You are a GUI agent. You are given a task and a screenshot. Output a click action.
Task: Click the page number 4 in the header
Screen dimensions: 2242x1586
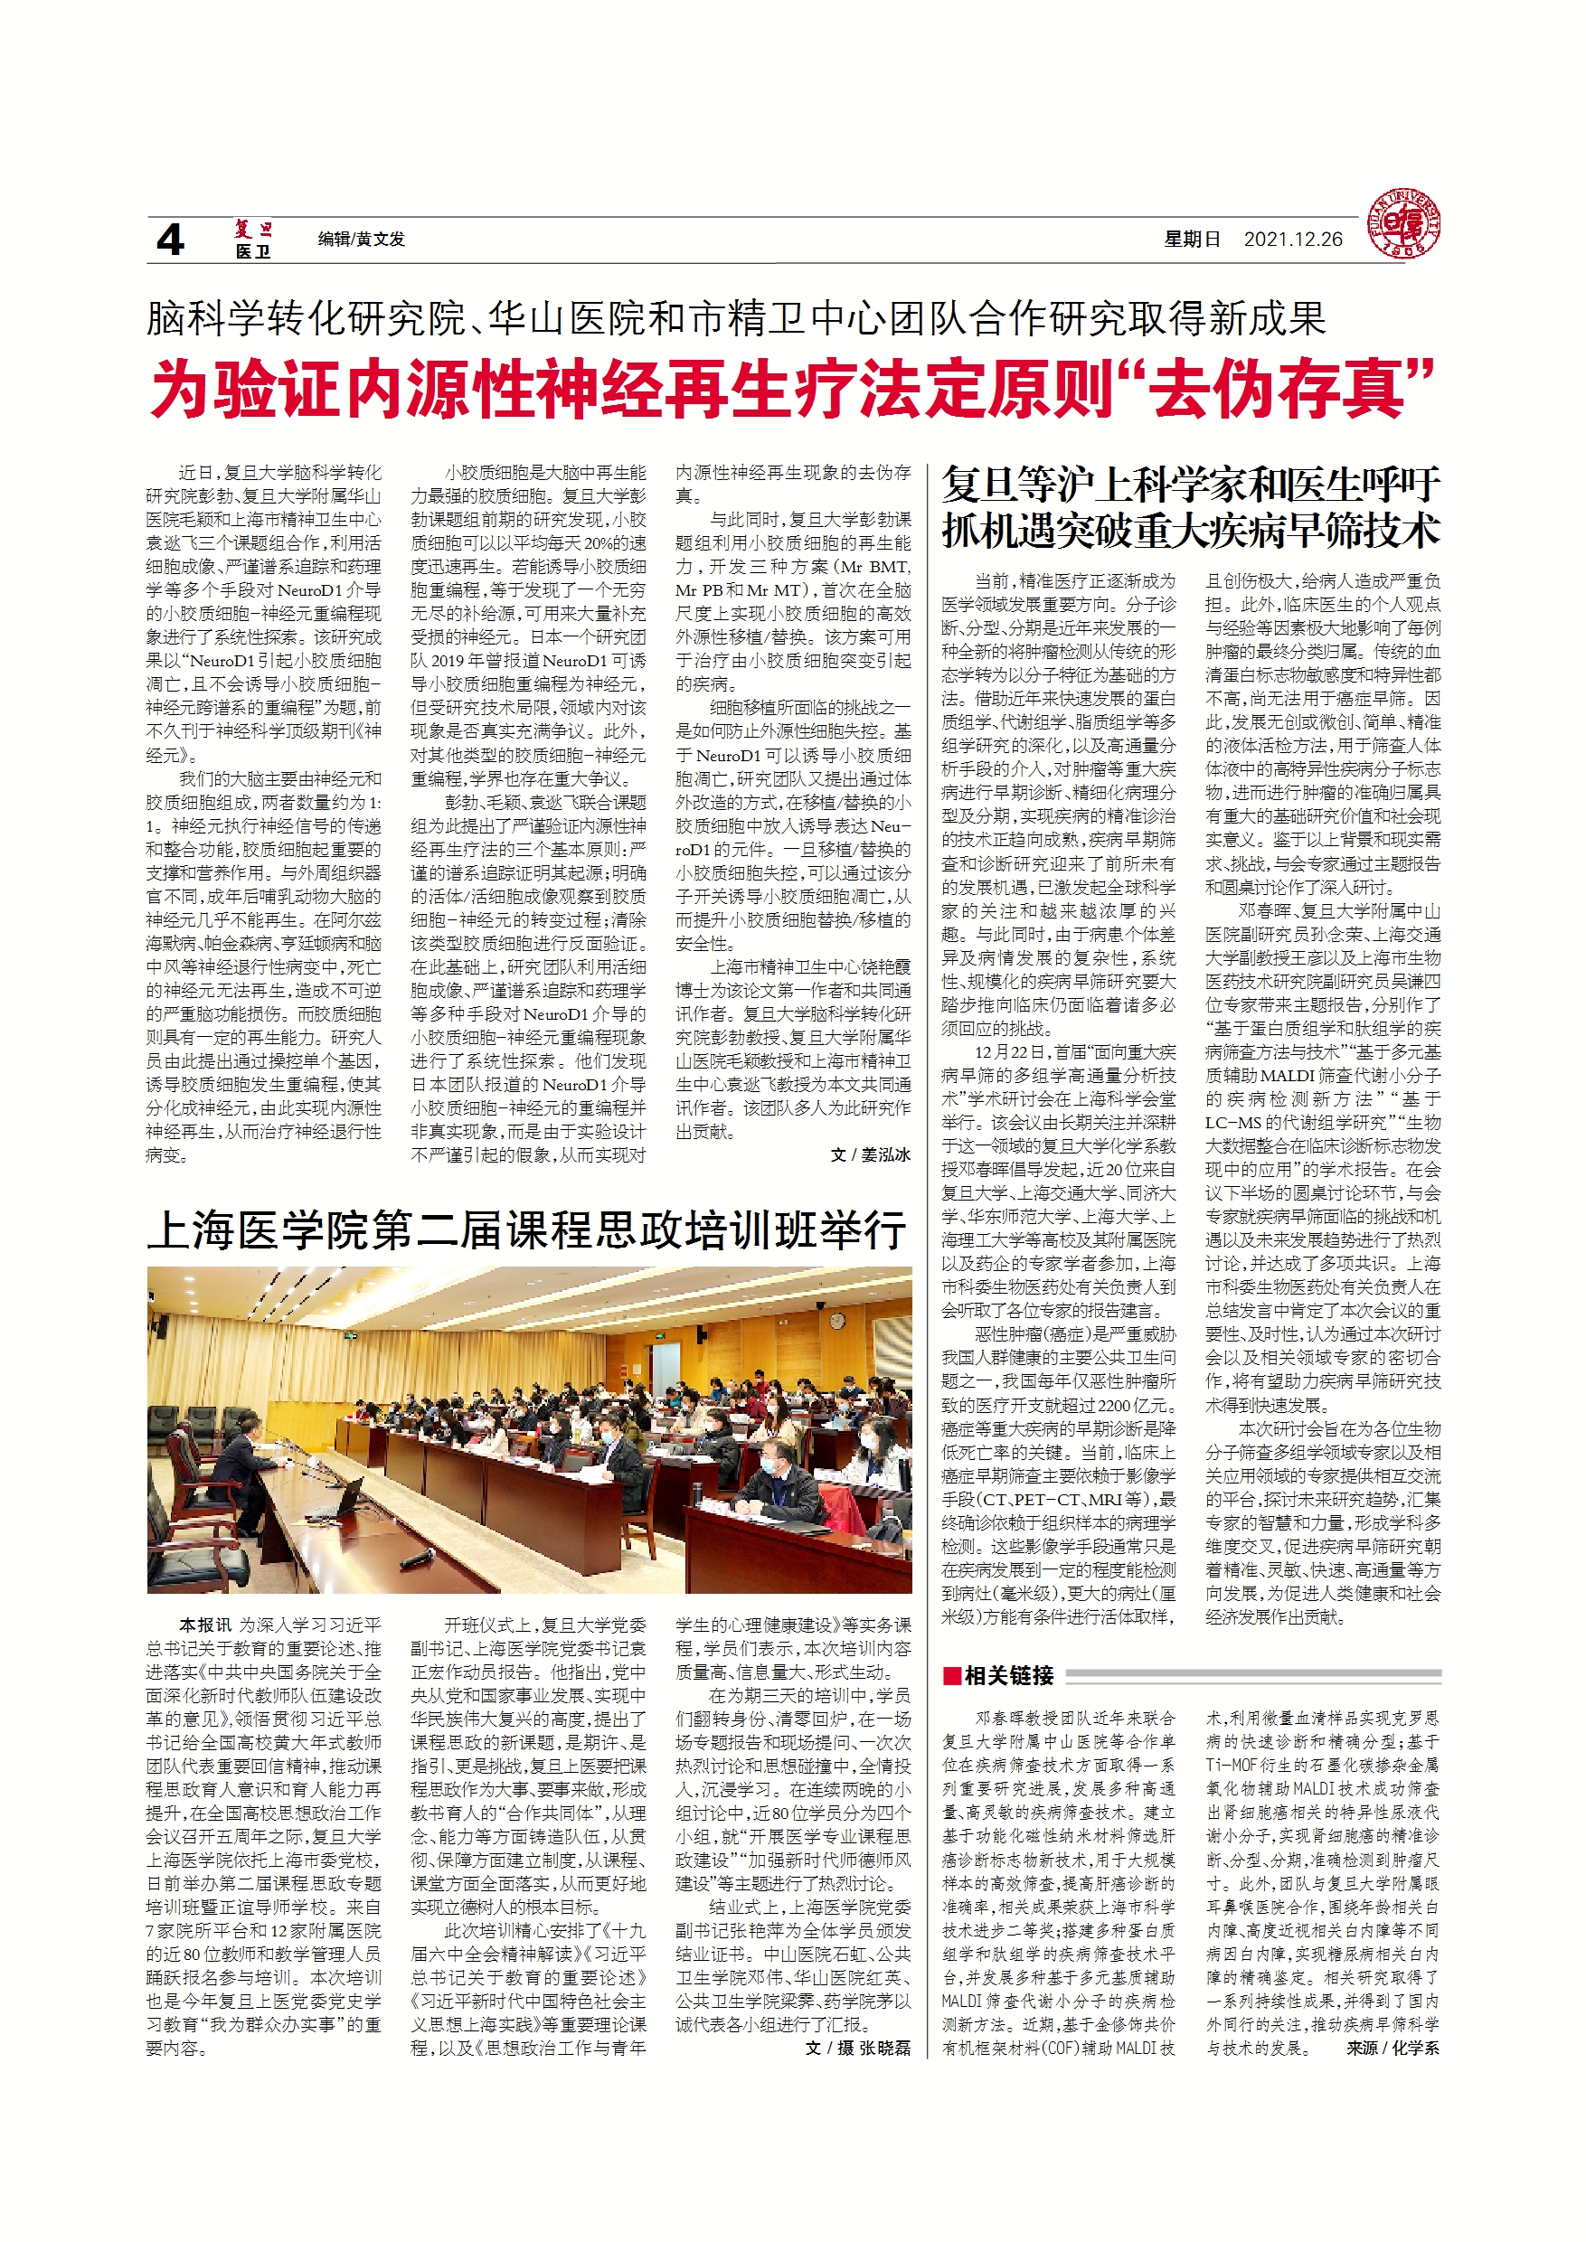click(x=170, y=240)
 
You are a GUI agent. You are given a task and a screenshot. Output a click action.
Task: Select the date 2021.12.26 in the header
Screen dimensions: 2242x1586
click(x=1292, y=240)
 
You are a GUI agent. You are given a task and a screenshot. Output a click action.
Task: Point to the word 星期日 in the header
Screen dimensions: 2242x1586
click(x=1192, y=240)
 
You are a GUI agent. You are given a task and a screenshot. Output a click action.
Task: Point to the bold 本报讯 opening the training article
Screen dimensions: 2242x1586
click(x=205, y=1625)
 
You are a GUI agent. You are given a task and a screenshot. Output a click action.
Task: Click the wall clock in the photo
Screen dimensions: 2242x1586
click(x=837, y=1321)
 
